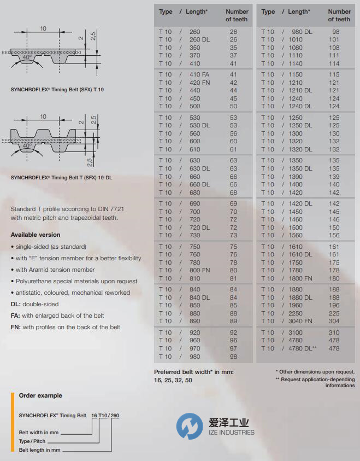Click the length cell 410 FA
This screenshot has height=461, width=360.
pos(199,74)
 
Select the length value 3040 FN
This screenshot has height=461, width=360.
pos(300,321)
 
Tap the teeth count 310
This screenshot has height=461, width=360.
pos(334,332)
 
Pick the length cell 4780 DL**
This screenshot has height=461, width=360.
pos(303,348)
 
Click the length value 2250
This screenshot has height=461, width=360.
pos(296,313)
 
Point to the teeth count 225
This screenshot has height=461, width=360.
pos(334,313)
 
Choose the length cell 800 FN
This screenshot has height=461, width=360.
pos(199,270)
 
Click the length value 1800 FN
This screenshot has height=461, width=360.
pos(300,278)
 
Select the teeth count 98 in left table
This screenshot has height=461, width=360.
pos(233,357)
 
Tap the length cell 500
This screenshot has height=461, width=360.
pos(195,107)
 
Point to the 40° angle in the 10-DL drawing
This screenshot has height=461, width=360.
pos(26,146)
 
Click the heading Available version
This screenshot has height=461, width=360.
pos(36,235)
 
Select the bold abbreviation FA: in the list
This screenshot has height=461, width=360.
pos(15,316)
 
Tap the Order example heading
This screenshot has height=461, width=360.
pos(40,395)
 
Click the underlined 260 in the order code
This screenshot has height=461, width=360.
pos(115,416)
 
